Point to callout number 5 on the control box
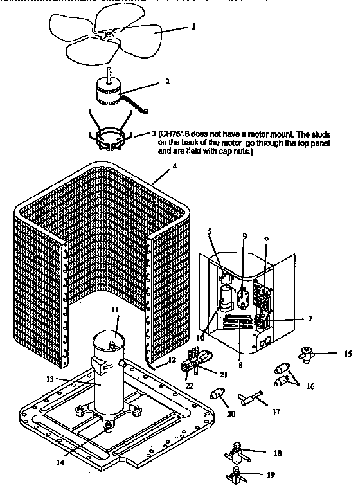click(x=210, y=231)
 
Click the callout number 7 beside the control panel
click(x=310, y=318)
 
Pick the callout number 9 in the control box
click(x=244, y=236)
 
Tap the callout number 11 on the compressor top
click(x=115, y=310)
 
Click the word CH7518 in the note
click(x=186, y=136)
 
